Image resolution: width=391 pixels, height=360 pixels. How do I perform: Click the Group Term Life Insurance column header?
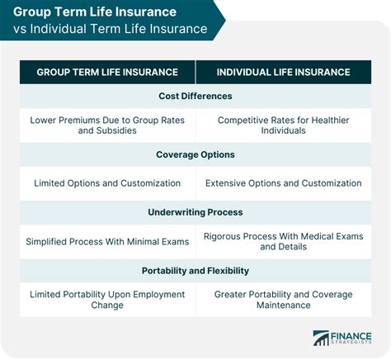coord(107,72)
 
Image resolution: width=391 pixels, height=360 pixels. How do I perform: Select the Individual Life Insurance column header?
coord(283,72)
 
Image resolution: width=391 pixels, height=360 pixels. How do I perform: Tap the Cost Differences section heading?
coord(195,96)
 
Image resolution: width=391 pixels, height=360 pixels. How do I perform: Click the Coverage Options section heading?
coord(195,154)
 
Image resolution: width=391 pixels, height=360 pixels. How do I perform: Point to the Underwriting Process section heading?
coord(195,212)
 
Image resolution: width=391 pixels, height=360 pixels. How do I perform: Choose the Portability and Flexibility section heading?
coord(195,270)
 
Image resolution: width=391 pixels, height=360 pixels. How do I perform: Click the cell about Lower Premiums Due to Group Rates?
coord(107,126)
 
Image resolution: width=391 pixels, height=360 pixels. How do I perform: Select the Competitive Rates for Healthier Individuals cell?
coord(283,126)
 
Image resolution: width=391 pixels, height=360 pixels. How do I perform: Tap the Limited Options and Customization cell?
coord(107,183)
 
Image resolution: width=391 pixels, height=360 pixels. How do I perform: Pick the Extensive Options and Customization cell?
coord(283,183)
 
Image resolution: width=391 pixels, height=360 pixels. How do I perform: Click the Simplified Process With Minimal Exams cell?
coord(107,241)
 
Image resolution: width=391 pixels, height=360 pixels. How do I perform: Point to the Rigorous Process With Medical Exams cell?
coord(283,241)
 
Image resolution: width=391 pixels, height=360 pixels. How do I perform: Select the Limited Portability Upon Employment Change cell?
coord(107,299)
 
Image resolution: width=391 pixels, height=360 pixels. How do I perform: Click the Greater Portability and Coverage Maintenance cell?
coord(283,299)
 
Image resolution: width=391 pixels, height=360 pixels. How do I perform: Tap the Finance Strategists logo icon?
coord(321,338)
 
